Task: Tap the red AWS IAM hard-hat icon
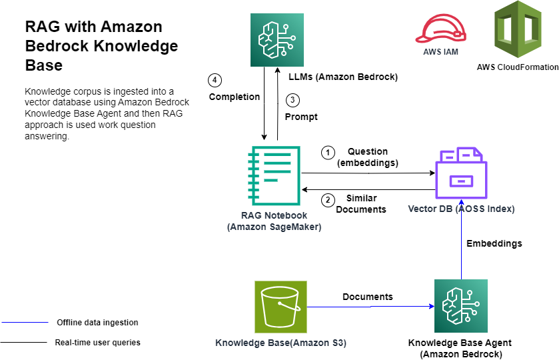[440, 29]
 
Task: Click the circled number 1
[327, 153]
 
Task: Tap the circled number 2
[327, 199]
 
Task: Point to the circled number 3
[292, 101]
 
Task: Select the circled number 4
[214, 81]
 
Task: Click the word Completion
[235, 97]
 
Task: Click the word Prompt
[301, 117]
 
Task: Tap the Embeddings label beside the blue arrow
[494, 243]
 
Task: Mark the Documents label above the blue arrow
[368, 297]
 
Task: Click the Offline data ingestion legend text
[97, 323]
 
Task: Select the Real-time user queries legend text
[97, 343]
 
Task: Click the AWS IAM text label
[440, 51]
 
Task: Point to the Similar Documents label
[361, 204]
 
